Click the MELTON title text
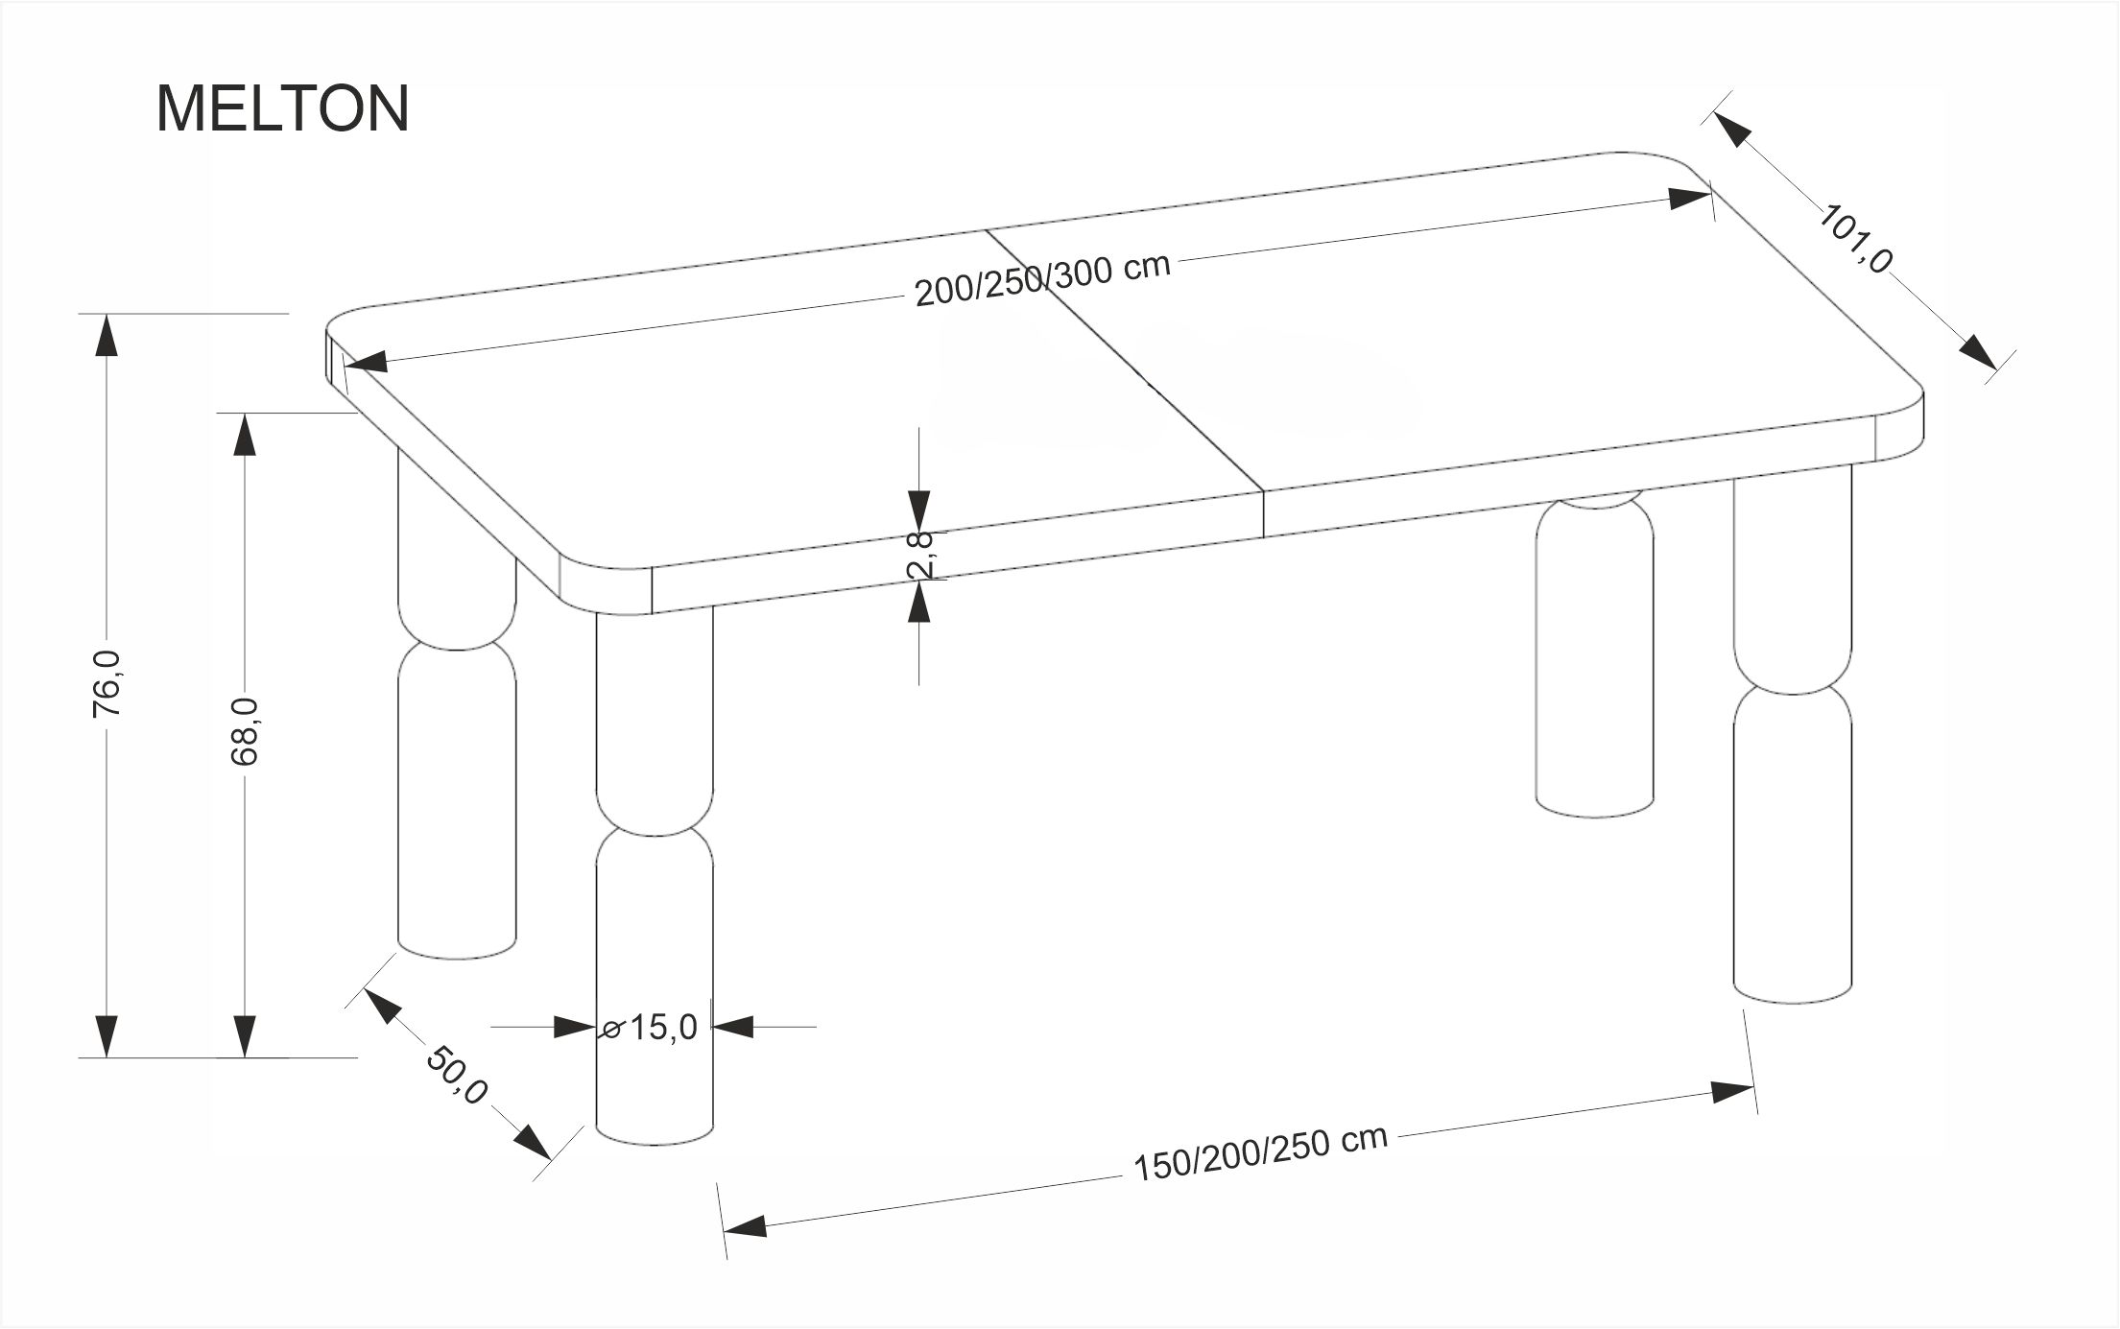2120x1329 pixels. pyautogui.click(x=282, y=108)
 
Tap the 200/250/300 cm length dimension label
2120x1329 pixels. pyautogui.click(x=1042, y=279)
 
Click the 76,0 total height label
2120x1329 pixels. pyautogui.click(x=107, y=683)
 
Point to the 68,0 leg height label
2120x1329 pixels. pyautogui.click(x=245, y=731)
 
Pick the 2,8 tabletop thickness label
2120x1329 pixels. pyautogui.click(x=920, y=555)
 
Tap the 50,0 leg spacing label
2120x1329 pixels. pyautogui.click(x=457, y=1076)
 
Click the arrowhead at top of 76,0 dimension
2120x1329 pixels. pyautogui.click(x=107, y=336)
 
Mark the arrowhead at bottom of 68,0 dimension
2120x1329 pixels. pyautogui.click(x=245, y=1036)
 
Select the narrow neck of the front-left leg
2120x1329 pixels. pyautogui.click(x=655, y=826)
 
